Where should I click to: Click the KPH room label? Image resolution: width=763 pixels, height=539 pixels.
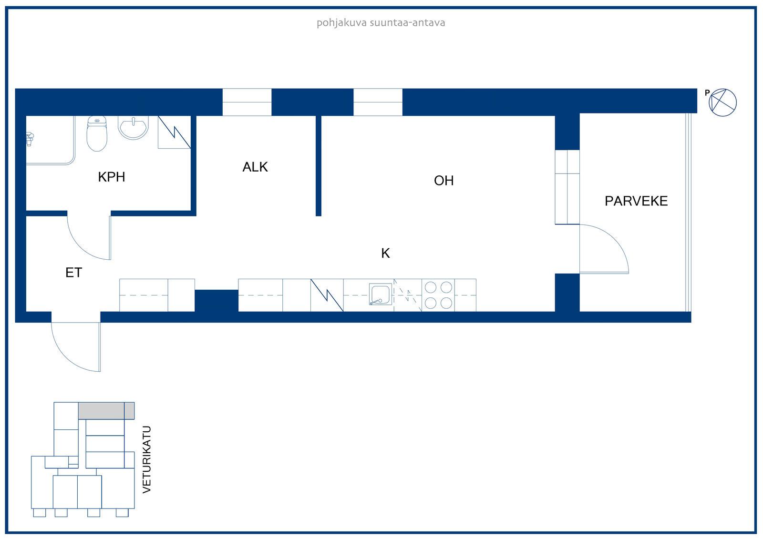click(112, 177)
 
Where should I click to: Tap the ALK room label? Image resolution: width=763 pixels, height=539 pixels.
click(255, 167)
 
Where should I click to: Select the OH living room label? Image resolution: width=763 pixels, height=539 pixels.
click(443, 181)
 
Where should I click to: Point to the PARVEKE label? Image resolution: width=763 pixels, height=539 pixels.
click(636, 201)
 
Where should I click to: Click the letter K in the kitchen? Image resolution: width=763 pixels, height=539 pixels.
click(386, 254)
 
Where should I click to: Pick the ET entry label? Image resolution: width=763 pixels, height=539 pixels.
click(73, 273)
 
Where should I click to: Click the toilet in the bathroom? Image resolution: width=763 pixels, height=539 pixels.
click(97, 133)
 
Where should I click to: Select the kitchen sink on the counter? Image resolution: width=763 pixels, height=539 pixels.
click(381, 294)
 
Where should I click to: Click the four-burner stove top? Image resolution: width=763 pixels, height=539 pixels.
click(438, 295)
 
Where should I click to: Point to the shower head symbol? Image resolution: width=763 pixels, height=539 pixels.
click(30, 139)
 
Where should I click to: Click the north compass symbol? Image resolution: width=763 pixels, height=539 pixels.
click(722, 102)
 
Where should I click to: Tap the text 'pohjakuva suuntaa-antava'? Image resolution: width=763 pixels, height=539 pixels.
click(381, 23)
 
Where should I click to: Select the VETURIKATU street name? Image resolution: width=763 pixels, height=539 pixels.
click(146, 459)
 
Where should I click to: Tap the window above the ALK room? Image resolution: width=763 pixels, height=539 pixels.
click(247, 102)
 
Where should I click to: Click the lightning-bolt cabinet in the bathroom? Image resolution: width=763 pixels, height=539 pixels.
click(174, 132)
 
